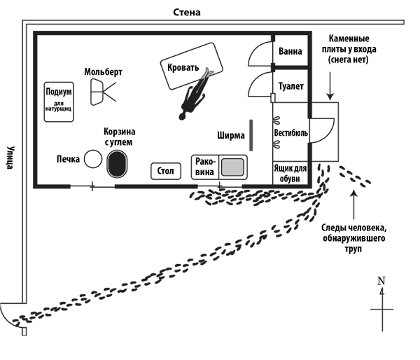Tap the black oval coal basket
point(117,164)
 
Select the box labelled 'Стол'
point(166,170)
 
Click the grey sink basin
point(232,167)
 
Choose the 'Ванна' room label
point(290,52)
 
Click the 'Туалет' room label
point(290,87)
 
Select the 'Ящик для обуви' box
point(290,172)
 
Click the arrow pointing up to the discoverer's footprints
point(356,203)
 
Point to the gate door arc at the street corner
point(13,315)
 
